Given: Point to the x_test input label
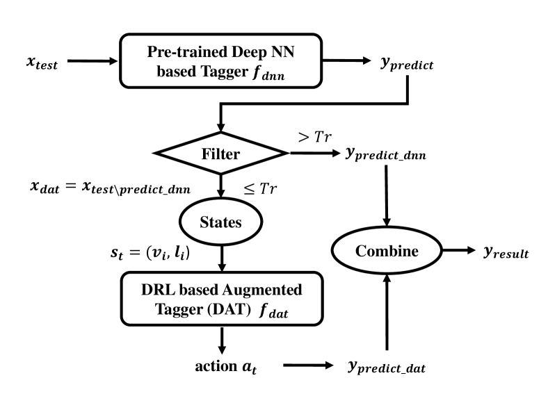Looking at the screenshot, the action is tap(42, 63).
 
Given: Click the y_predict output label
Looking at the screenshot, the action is tap(407, 63).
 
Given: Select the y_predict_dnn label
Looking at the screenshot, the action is tap(386, 154).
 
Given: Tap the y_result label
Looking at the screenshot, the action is tap(506, 252).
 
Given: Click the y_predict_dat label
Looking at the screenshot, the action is tap(387, 367).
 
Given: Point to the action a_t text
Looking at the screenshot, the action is tap(226, 367).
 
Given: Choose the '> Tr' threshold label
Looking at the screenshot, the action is tap(314, 137).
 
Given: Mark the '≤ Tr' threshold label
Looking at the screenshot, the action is tap(260, 189).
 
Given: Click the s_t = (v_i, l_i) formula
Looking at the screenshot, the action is tap(150, 252).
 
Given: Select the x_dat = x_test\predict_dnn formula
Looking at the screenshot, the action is tap(111, 187).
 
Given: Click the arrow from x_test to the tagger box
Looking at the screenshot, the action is tap(92, 60).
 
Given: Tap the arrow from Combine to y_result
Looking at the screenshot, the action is tap(459, 250).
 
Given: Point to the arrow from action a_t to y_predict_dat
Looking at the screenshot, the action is tap(308, 366).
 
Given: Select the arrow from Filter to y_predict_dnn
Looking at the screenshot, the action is tap(315, 153).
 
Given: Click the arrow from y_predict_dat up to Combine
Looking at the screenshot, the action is tap(387, 312).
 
